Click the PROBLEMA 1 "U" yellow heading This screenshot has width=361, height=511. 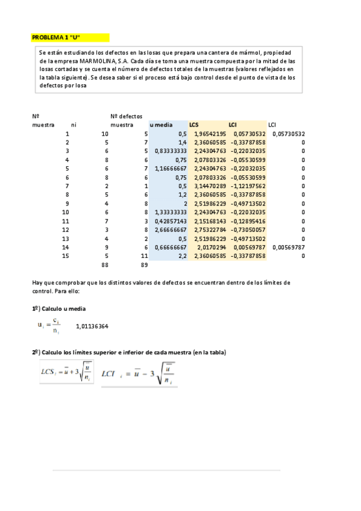click(x=56, y=37)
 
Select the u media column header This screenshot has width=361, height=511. click(x=160, y=125)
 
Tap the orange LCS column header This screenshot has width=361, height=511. click(x=194, y=125)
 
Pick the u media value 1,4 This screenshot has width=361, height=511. click(x=181, y=142)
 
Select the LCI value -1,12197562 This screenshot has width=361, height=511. click(x=247, y=186)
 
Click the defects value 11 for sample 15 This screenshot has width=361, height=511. click(x=144, y=255)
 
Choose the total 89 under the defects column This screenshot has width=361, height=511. click(x=143, y=265)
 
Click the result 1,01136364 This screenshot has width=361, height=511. click(x=92, y=327)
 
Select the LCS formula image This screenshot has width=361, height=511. click(x=66, y=372)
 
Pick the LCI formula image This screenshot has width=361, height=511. click(x=139, y=374)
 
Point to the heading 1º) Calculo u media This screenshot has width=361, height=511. click(x=58, y=308)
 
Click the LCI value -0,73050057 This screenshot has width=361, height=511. click(x=247, y=230)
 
